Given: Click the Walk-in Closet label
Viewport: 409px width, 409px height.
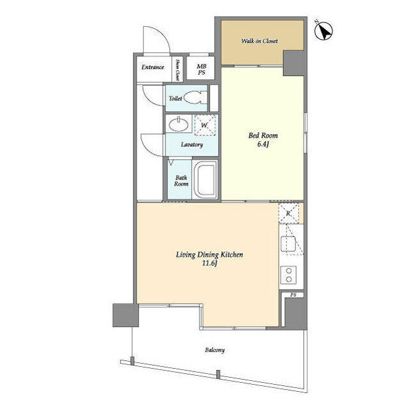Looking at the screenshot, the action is pyautogui.click(x=259, y=41).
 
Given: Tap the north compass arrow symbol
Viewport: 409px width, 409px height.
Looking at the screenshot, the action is pyautogui.click(x=324, y=31).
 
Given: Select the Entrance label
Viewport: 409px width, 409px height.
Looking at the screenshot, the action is pyautogui.click(x=153, y=67).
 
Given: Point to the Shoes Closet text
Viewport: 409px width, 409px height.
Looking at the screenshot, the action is pyautogui.click(x=178, y=70).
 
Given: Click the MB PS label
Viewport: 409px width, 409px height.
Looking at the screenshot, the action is pyautogui.click(x=201, y=70).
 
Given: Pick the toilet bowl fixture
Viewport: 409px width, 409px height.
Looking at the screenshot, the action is pyautogui.click(x=196, y=98).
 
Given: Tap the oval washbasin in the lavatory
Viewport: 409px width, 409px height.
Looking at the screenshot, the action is pyautogui.click(x=178, y=124).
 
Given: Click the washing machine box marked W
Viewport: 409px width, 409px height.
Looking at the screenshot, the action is pyautogui.click(x=204, y=125).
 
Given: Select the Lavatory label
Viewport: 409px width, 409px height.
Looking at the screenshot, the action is pyautogui.click(x=192, y=144).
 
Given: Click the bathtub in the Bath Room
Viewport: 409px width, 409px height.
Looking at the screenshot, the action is pyautogui.click(x=205, y=180).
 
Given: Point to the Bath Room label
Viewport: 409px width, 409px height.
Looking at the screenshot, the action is pyautogui.click(x=181, y=181).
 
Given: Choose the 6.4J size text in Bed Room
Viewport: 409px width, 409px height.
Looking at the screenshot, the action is pyautogui.click(x=263, y=144).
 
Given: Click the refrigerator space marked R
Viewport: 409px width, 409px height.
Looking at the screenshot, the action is pyautogui.click(x=288, y=213).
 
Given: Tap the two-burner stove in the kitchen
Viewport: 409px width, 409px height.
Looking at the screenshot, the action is pyautogui.click(x=288, y=275).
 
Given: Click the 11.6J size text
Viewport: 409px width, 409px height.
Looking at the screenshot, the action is pyautogui.click(x=210, y=263).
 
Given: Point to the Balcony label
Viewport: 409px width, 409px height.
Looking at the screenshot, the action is pyautogui.click(x=215, y=350).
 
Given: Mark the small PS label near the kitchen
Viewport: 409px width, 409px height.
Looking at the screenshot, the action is pyautogui.click(x=293, y=295).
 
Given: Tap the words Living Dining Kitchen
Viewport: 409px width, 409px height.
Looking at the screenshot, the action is pyautogui.click(x=210, y=254).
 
